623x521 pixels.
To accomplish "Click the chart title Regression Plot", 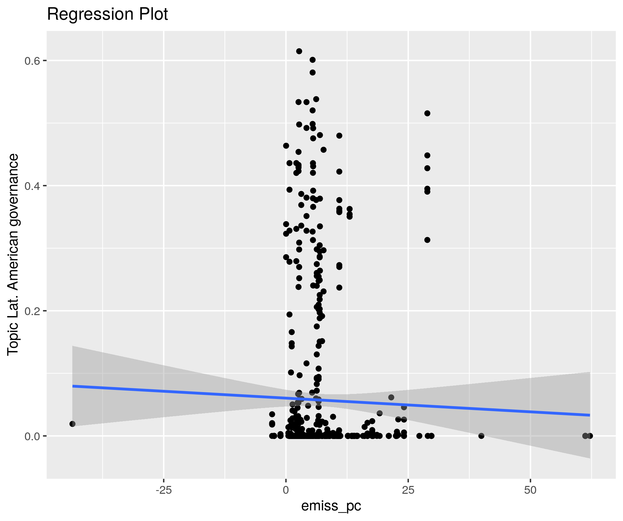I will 107,14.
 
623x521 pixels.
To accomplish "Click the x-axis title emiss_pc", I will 331,506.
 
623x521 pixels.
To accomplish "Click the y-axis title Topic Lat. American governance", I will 13,254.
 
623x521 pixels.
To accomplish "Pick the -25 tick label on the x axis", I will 163,490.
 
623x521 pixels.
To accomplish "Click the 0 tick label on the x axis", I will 286,490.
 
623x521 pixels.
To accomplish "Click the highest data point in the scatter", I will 299,51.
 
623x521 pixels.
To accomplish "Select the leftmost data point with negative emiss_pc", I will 72,424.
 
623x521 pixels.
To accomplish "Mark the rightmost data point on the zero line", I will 590,436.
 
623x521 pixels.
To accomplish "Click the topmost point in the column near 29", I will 427,113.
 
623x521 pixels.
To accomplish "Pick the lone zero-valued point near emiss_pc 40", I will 481,436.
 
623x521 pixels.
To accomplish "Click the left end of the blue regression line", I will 73,386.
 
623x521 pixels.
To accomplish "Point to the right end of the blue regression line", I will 590,415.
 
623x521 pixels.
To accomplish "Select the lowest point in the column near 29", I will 427,436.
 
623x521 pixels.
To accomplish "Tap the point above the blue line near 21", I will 391,397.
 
